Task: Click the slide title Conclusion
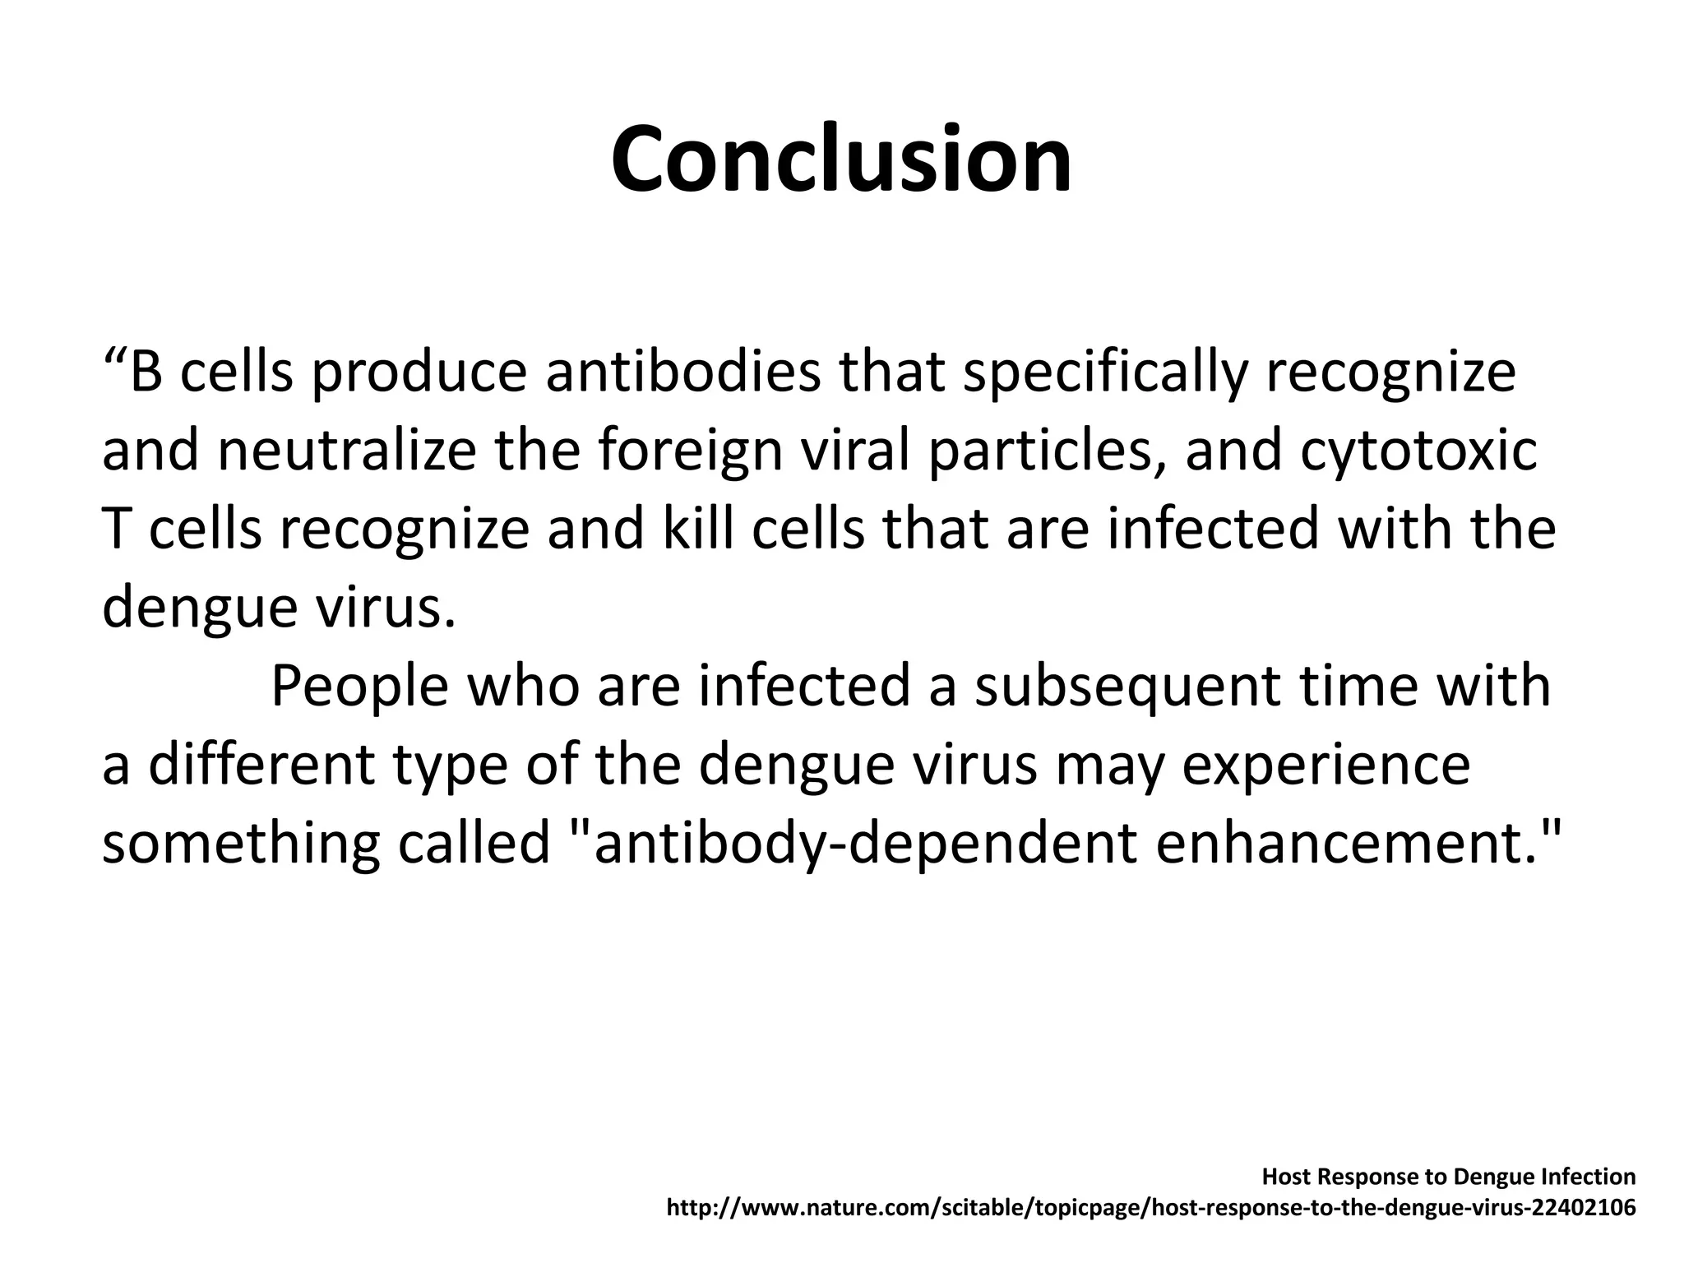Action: click(x=841, y=160)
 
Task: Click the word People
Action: click(x=359, y=687)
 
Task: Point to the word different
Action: click(x=261, y=764)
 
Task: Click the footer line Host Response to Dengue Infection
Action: click(x=1448, y=1177)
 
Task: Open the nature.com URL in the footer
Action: click(x=1150, y=1208)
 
